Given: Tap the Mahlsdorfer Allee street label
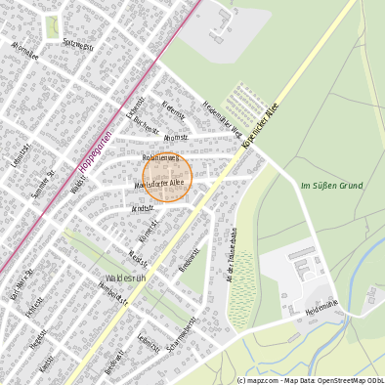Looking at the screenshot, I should pyautogui.click(x=159, y=182).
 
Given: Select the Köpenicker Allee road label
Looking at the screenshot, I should pyautogui.click(x=260, y=125).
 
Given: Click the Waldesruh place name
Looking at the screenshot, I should pyautogui.click(x=125, y=278).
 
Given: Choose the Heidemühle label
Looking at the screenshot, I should pyautogui.click(x=321, y=311).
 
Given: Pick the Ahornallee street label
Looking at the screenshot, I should pyautogui.click(x=23, y=50).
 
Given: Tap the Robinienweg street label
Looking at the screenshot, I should pyautogui.click(x=159, y=157).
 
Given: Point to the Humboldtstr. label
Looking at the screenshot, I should pyautogui.click(x=115, y=295).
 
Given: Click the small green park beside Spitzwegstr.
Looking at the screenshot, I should pyautogui.click(x=52, y=27).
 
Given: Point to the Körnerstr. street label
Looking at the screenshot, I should pyautogui.click(x=148, y=231).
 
